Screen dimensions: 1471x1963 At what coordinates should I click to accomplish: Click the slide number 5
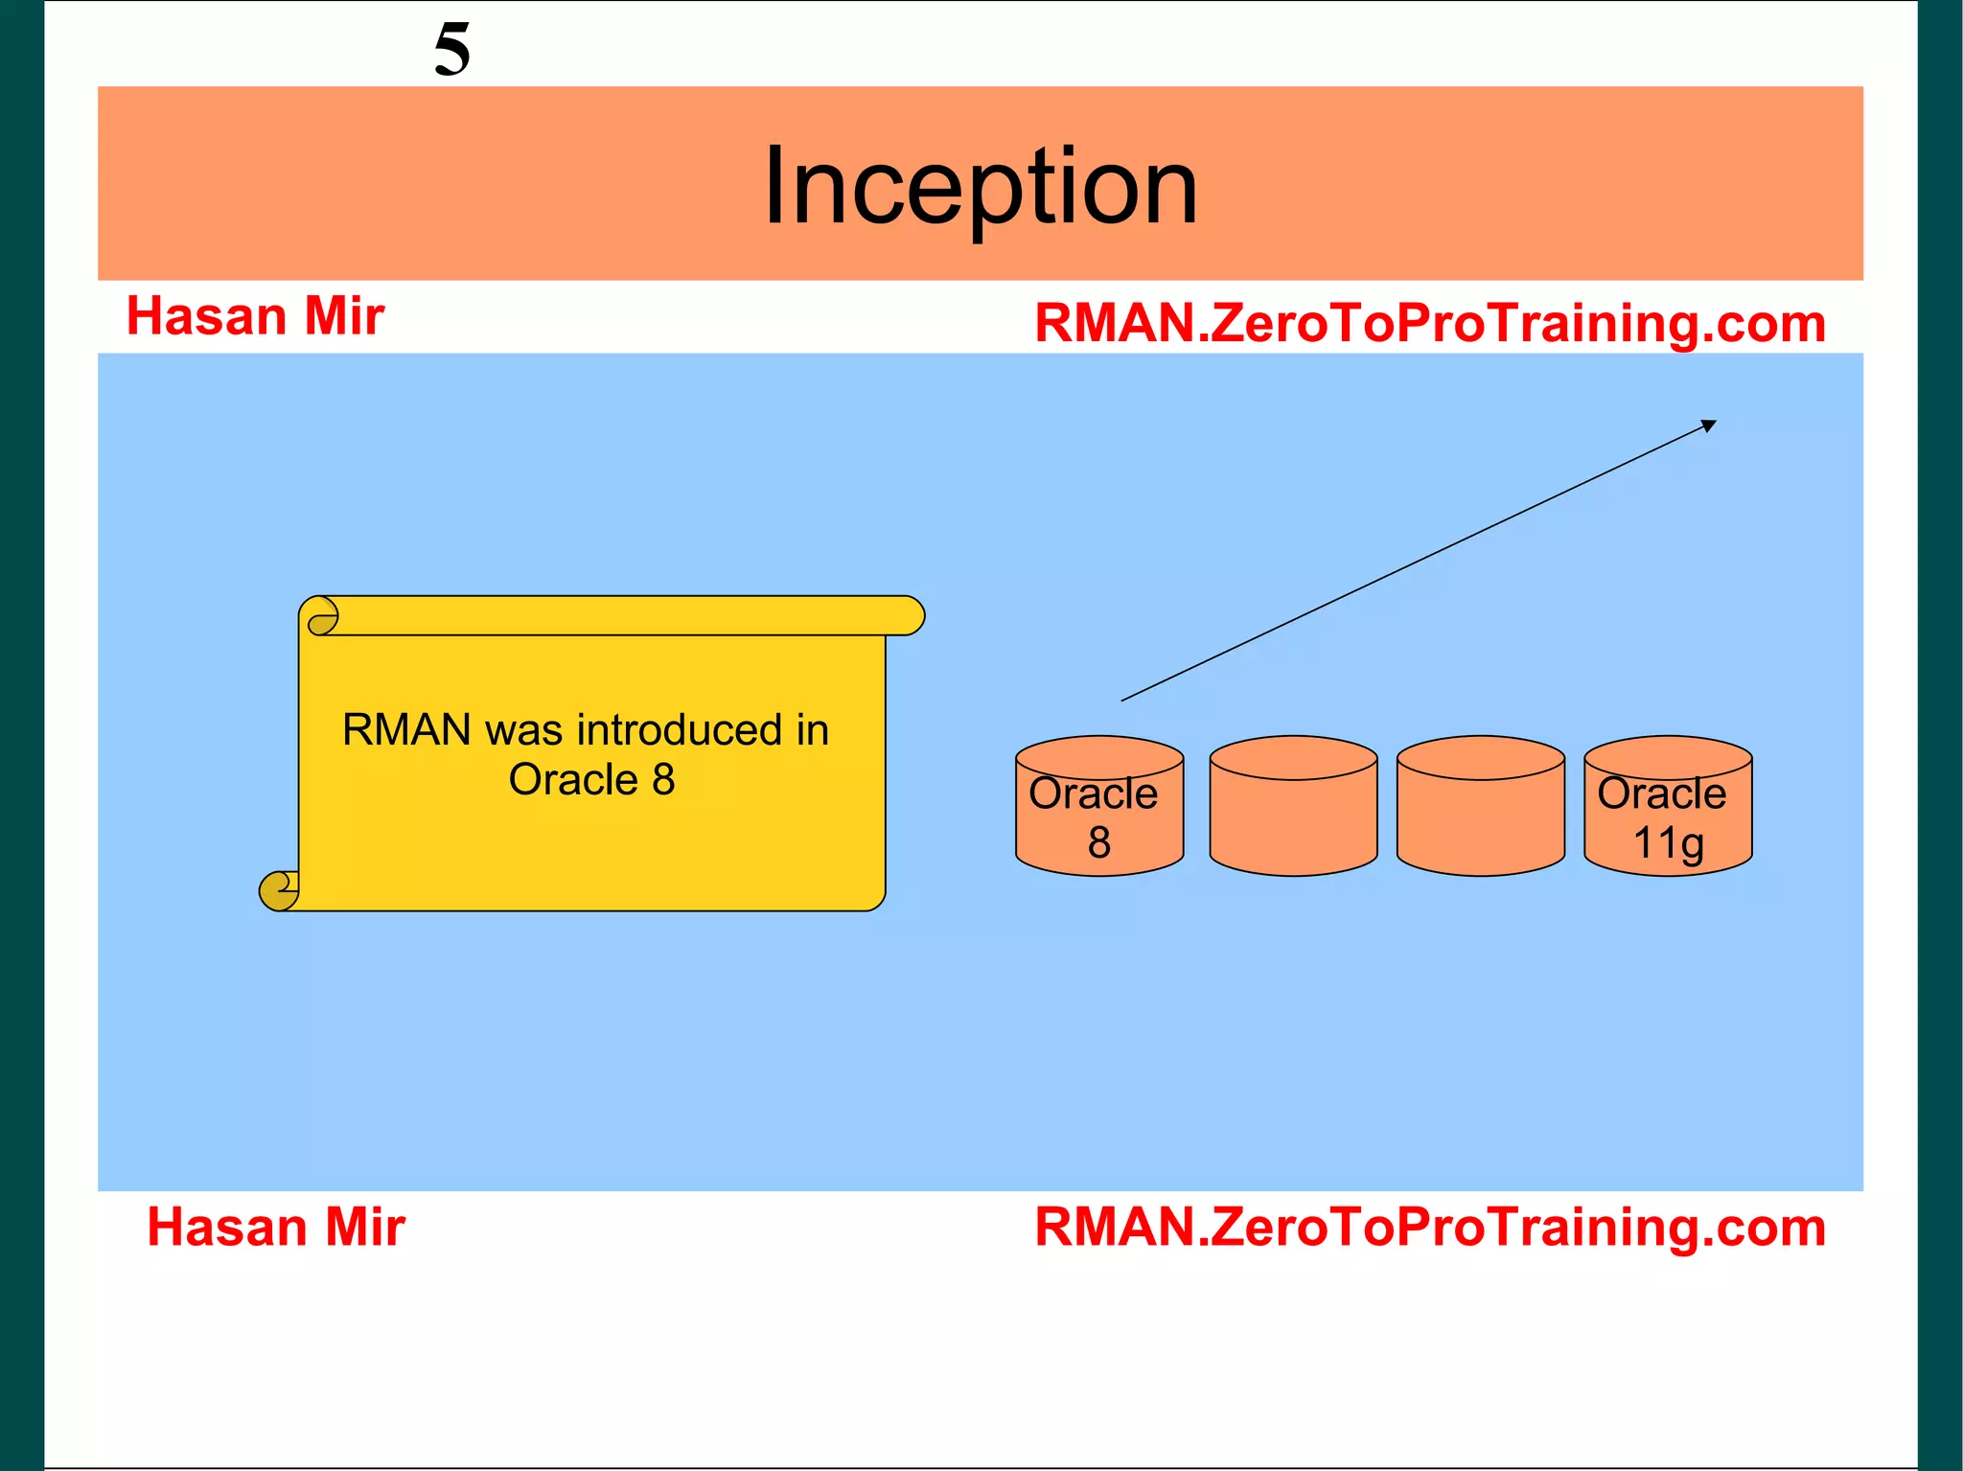coord(451,50)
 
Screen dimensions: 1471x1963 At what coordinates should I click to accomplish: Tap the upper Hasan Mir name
coord(255,316)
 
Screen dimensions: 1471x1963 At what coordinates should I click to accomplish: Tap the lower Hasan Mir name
coord(276,1227)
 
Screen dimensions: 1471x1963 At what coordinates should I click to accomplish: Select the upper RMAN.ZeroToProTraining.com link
coord(1429,323)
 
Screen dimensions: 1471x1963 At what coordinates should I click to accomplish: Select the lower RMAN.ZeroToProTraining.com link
coord(1429,1227)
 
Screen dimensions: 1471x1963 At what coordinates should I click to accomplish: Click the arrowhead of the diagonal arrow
coord(1709,425)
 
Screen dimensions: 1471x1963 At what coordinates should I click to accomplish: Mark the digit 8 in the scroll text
coord(663,780)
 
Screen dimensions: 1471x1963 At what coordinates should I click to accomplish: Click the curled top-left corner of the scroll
coord(322,616)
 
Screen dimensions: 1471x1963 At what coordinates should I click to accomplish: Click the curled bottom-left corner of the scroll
coord(279,890)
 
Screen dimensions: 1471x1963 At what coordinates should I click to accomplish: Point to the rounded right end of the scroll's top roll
coord(911,616)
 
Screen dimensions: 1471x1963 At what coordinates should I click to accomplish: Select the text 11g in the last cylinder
coord(1668,843)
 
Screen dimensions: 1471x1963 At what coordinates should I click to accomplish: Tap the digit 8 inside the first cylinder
coord(1098,843)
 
